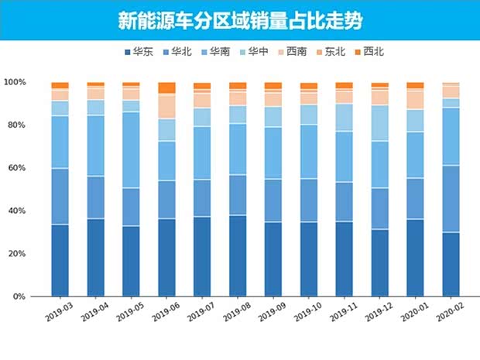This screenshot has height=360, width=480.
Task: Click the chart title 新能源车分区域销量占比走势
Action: [240, 20]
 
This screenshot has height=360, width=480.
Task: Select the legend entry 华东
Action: [137, 52]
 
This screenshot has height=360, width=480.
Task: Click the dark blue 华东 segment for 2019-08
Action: [238, 255]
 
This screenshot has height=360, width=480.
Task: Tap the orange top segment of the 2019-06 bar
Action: [166, 87]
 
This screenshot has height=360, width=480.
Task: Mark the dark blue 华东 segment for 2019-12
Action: [379, 262]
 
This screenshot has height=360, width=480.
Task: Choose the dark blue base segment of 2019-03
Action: [60, 260]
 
